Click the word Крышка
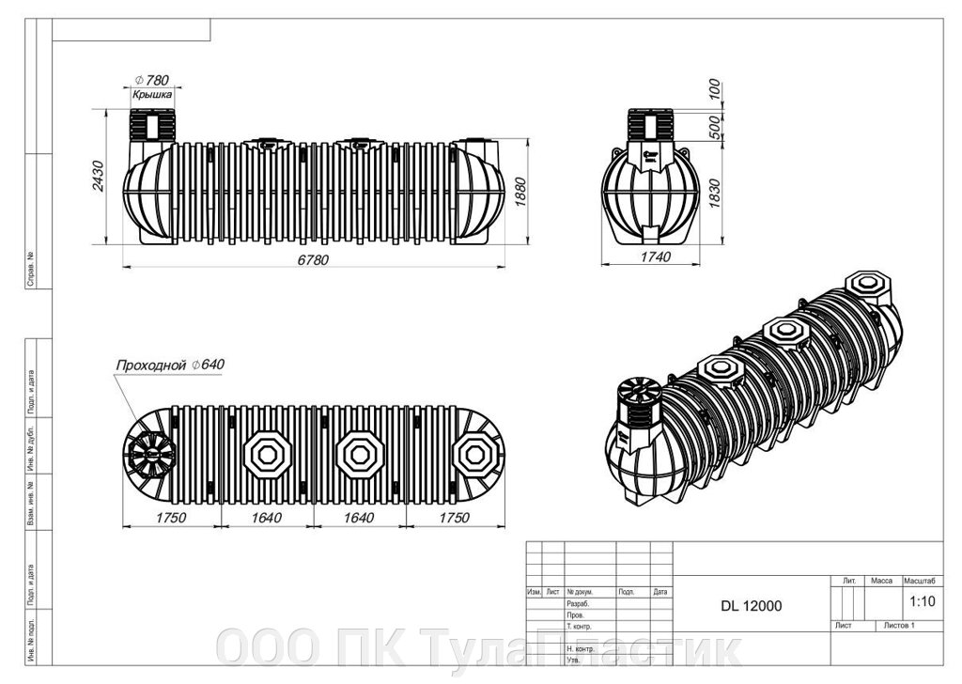point(150,95)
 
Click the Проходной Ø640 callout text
point(169,364)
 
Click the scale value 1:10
point(923,599)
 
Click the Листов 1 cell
point(898,625)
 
